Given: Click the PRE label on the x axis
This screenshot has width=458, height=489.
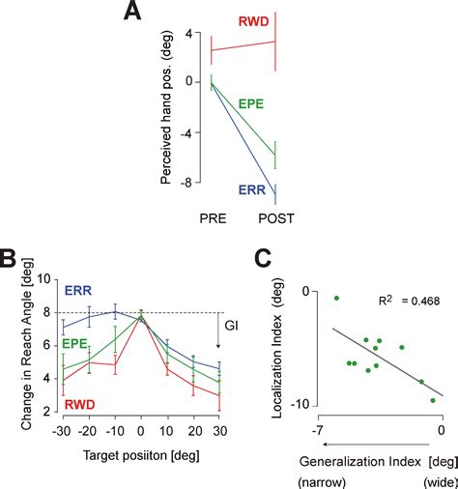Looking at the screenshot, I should tap(212, 219).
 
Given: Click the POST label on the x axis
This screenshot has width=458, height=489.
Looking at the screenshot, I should tap(276, 219).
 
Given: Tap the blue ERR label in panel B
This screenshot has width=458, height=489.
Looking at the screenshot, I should tap(79, 289).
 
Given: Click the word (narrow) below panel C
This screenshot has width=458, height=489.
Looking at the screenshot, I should tap(318, 478).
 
